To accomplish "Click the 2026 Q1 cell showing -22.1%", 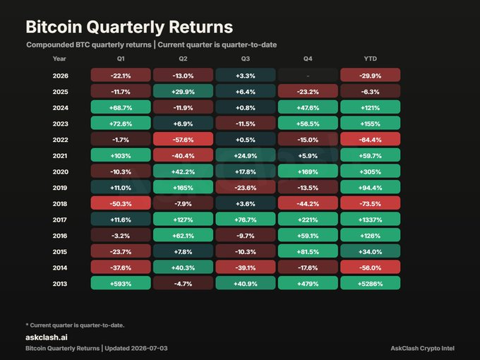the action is pyautogui.click(x=121, y=75).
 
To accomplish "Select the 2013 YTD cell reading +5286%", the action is pyautogui.click(x=370, y=283).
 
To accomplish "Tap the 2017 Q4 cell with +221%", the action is pyautogui.click(x=308, y=219).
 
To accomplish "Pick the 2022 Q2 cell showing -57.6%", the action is pyautogui.click(x=183, y=139).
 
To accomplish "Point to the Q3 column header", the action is pyautogui.click(x=245, y=59).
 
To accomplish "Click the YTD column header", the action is pyautogui.click(x=370, y=59).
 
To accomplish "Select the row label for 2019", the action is pyautogui.click(x=60, y=188).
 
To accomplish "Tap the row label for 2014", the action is pyautogui.click(x=60, y=268).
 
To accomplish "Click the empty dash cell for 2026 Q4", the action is pyautogui.click(x=308, y=75).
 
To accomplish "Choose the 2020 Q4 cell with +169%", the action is pyautogui.click(x=308, y=171).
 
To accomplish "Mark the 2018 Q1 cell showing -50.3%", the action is pyautogui.click(x=121, y=203).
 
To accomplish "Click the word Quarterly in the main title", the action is pyautogui.click(x=126, y=27).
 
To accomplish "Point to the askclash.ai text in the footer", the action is pyautogui.click(x=47, y=337).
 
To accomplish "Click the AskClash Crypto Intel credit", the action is pyautogui.click(x=422, y=349).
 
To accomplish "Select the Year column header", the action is pyautogui.click(x=59, y=59).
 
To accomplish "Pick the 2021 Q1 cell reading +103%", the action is pyautogui.click(x=121, y=155).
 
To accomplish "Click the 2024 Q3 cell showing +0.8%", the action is pyautogui.click(x=245, y=107).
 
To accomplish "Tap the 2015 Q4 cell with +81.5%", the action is pyautogui.click(x=308, y=251).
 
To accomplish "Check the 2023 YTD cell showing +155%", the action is pyautogui.click(x=370, y=123).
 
